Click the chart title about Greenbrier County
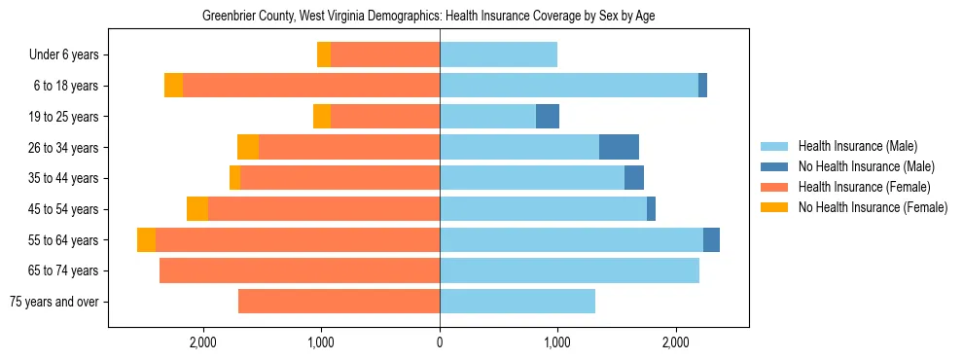coord(428,17)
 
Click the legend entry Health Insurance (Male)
coord(857,146)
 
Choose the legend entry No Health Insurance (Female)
coord(873,207)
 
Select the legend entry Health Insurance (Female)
coord(864,187)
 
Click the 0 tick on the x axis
coord(440,342)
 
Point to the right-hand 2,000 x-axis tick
coord(676,342)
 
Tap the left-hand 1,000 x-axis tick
coord(321,342)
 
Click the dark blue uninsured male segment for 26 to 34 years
coord(619,147)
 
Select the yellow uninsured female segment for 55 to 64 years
coord(146,240)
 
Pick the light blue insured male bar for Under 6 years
coord(498,55)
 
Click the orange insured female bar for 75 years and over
coord(339,302)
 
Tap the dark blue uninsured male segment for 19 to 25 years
coord(548,117)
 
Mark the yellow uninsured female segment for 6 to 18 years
coord(173,86)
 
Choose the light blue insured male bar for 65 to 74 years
coord(569,270)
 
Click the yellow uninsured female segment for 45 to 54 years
coord(197,209)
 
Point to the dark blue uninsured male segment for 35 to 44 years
coord(634,178)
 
